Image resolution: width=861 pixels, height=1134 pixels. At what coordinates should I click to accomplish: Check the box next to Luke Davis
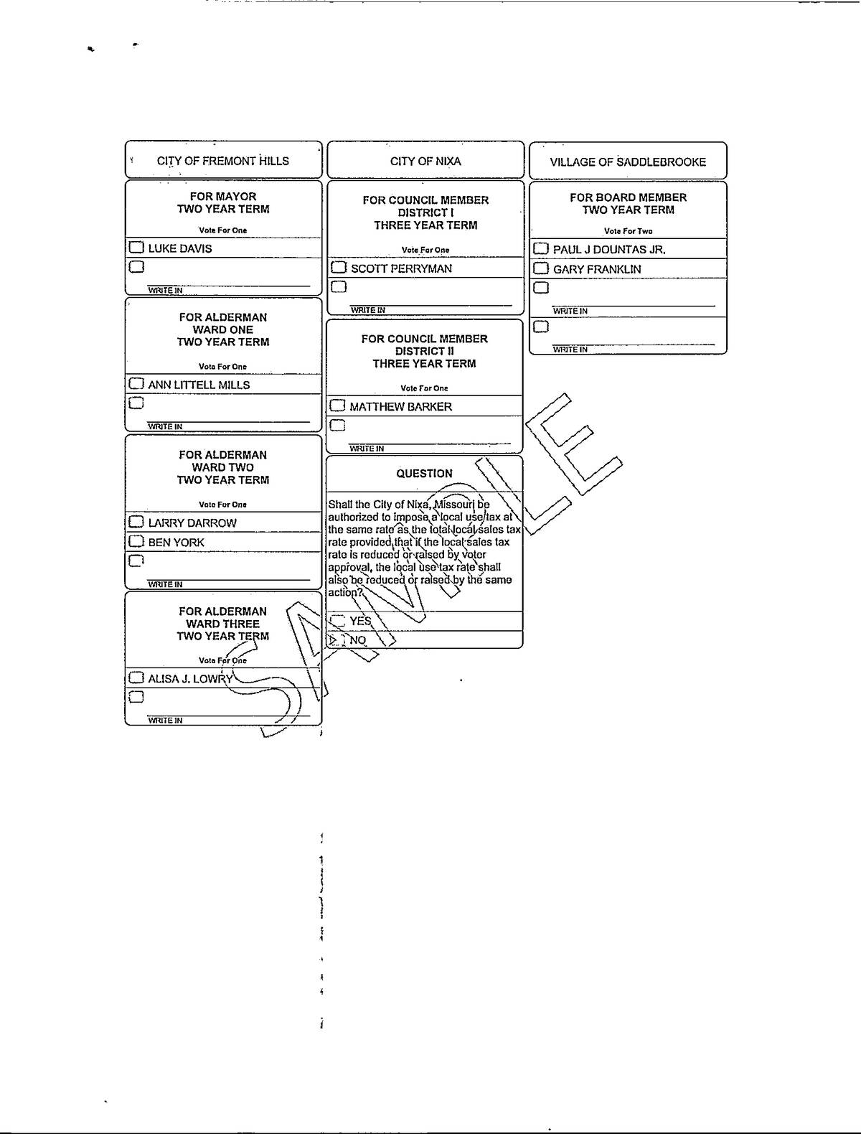(136, 248)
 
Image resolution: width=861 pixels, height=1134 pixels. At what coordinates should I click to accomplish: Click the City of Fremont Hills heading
(223, 161)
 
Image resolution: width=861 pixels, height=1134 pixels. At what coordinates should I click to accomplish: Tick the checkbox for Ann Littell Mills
(136, 384)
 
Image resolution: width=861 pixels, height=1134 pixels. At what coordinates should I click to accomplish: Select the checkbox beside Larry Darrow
(136, 522)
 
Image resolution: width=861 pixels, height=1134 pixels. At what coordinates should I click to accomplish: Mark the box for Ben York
(136, 541)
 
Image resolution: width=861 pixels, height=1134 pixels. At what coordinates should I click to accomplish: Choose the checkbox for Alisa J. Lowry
(136, 678)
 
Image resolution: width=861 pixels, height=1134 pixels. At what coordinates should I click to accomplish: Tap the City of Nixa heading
(425, 161)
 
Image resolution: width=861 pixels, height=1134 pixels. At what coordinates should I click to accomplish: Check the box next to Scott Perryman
(339, 268)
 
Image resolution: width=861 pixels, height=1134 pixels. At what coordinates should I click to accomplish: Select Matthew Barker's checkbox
(338, 406)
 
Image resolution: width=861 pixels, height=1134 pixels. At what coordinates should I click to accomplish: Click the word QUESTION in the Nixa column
(425, 473)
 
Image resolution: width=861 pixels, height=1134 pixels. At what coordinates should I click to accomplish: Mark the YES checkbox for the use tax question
(338, 621)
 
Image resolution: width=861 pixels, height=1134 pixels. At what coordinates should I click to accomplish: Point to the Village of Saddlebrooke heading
(628, 162)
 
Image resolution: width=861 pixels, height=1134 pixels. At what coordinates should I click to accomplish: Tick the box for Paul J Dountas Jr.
(541, 249)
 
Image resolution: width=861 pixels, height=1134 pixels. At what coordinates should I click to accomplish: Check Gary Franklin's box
(541, 268)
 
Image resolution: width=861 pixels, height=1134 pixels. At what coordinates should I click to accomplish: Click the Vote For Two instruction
(628, 231)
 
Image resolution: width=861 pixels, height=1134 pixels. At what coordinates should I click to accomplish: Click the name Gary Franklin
(597, 269)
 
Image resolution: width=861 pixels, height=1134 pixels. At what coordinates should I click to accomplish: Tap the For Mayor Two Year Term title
(223, 203)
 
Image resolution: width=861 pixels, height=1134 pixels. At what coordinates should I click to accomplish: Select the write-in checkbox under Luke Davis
(136, 267)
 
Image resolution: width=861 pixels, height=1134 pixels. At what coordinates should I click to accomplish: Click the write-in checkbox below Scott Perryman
(339, 286)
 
